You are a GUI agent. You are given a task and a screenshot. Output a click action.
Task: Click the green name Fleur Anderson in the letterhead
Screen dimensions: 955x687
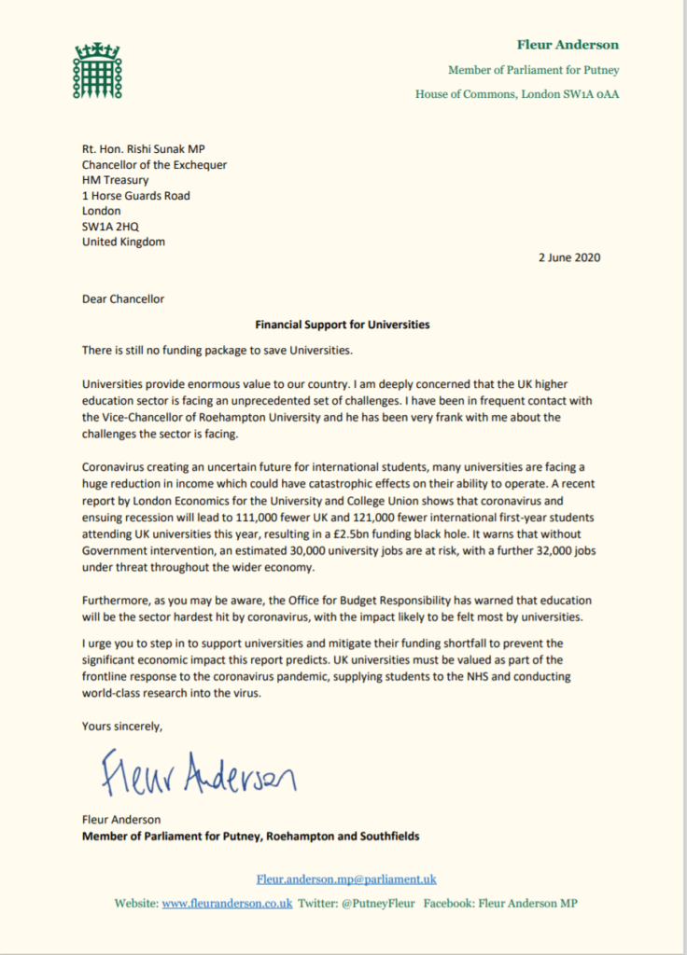point(568,45)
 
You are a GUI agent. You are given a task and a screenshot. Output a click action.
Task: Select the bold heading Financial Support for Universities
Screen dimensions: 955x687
point(342,325)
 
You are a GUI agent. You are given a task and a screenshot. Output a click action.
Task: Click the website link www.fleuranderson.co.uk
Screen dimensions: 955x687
point(227,903)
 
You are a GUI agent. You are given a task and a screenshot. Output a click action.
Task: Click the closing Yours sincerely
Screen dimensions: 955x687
point(122,726)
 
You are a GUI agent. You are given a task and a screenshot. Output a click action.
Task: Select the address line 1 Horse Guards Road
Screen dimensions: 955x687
point(136,196)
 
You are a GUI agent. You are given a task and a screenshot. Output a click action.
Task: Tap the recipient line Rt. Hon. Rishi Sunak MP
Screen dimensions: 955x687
point(154,149)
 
